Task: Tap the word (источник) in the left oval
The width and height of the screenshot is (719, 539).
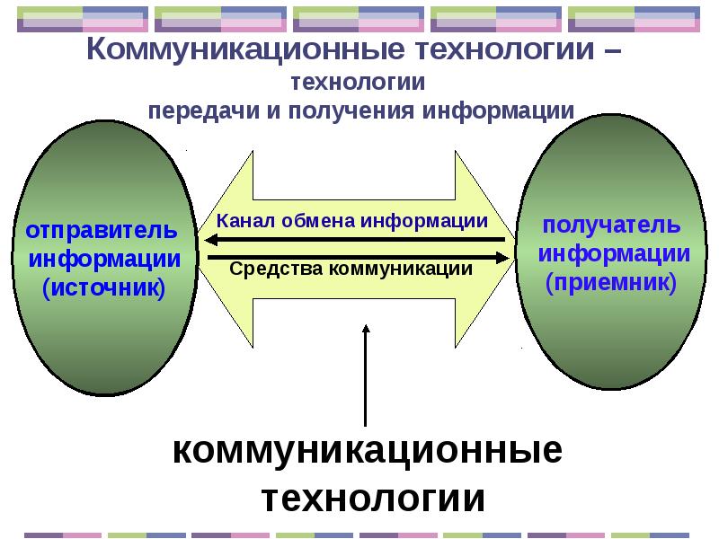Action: (104, 288)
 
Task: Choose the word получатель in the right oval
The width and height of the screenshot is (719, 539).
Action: (610, 224)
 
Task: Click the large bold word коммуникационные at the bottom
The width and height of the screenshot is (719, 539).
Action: (367, 450)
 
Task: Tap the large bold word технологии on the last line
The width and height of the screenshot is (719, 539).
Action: (373, 498)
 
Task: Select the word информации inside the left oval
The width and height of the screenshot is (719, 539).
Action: (105, 259)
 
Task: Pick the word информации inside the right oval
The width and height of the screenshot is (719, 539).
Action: (615, 253)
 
